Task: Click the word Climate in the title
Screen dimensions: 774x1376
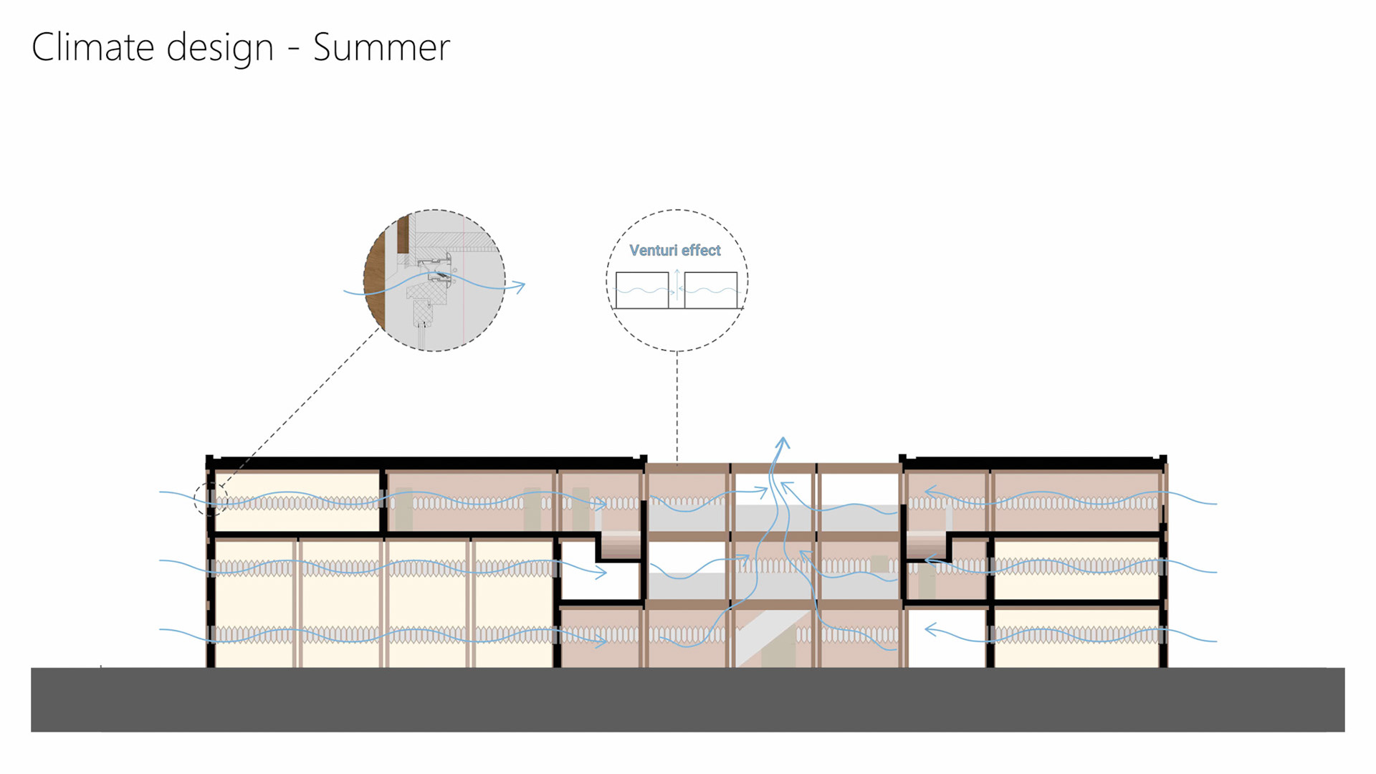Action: (92, 47)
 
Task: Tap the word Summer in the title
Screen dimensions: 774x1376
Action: (381, 47)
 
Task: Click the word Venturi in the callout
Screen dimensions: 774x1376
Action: (653, 250)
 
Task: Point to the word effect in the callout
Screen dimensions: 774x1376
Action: (701, 250)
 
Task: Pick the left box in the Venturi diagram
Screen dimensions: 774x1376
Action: (641, 290)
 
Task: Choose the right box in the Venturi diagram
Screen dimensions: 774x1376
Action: (711, 290)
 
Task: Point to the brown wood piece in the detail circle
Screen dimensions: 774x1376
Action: (374, 279)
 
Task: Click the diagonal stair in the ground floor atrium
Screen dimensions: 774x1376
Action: (763, 634)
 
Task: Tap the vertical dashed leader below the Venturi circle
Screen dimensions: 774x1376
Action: (677, 405)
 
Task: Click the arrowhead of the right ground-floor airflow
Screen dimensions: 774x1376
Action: (930, 630)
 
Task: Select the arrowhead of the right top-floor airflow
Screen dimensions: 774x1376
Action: (930, 492)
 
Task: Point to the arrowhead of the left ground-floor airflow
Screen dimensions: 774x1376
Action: (602, 640)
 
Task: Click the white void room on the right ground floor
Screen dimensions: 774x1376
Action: (946, 638)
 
